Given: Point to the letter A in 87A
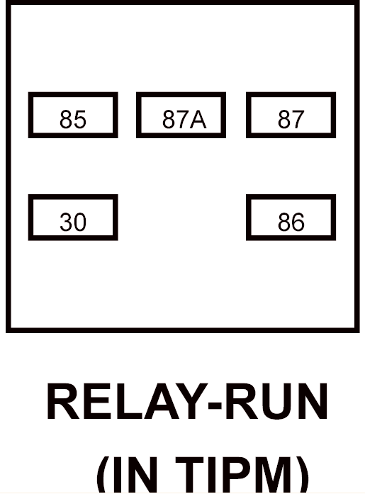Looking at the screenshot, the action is pos(198,120).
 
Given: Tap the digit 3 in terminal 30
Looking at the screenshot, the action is pos(66,222).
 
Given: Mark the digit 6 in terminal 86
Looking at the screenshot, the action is pos(298,222).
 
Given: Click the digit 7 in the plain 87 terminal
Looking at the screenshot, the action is pos(298,120).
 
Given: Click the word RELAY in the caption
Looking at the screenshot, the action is pos(126,401).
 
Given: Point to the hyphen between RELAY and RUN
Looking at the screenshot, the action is pos(215,405).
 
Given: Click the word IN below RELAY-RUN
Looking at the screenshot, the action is pos(136,475).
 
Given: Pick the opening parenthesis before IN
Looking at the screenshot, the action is pos(103,475).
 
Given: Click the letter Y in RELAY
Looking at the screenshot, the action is pos(189,401).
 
